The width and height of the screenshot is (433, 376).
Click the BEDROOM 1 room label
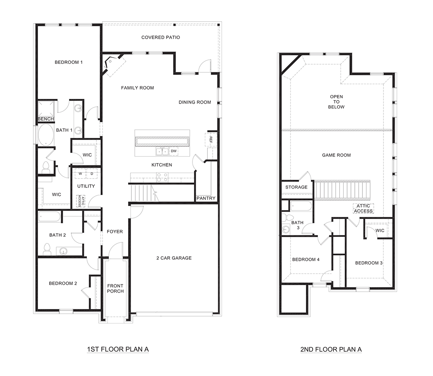[x=69, y=62]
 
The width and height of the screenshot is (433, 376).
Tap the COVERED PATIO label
[x=160, y=37]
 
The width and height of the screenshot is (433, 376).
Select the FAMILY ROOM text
[x=137, y=88]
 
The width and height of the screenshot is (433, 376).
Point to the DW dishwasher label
[x=174, y=151]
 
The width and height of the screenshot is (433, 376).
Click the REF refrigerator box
[x=211, y=139]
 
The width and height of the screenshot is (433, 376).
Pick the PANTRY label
[x=206, y=198]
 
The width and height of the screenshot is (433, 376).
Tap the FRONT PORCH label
[x=115, y=288]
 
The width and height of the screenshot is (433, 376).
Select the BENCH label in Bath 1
[x=46, y=119]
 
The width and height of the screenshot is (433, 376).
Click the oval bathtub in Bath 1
[x=46, y=135]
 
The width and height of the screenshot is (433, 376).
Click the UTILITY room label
[x=86, y=186]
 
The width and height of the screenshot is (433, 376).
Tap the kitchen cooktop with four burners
[x=162, y=177]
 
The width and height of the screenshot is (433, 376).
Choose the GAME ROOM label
[x=336, y=155]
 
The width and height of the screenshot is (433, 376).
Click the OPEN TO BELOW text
[x=336, y=102]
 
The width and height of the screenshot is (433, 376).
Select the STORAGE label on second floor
[x=296, y=187]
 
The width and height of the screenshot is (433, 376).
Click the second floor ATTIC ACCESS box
[x=363, y=209]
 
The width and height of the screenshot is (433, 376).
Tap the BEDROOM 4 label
[x=306, y=260]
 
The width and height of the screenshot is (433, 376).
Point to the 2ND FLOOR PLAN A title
[x=331, y=349]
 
